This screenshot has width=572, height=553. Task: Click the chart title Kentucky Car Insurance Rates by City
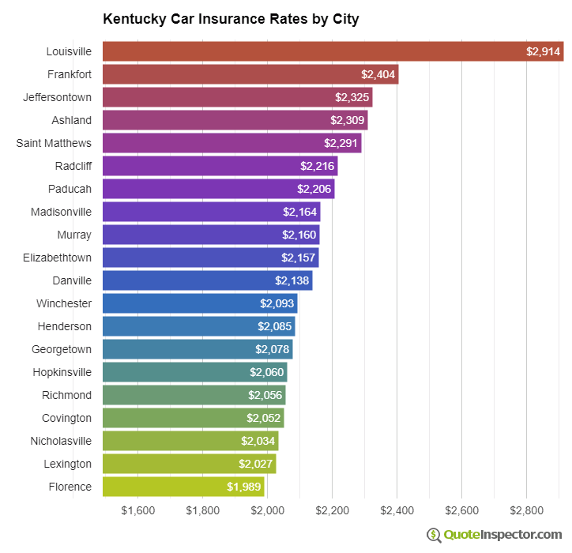pyautogui.click(x=231, y=19)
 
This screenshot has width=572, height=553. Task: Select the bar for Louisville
pyautogui.click(x=332, y=51)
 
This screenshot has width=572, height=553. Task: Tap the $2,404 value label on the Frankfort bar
pyautogui.click(x=378, y=74)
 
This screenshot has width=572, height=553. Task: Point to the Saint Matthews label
pyautogui.click(x=54, y=143)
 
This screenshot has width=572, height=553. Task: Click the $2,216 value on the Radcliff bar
pyautogui.click(x=317, y=166)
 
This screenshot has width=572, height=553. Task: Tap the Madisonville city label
pyautogui.click(x=61, y=212)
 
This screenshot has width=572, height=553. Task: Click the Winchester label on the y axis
pyautogui.click(x=63, y=303)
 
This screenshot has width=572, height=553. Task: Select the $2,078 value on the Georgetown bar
pyautogui.click(x=272, y=349)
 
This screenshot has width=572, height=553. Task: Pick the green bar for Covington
pyautogui.click(x=193, y=418)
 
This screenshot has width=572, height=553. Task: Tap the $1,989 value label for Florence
pyautogui.click(x=243, y=487)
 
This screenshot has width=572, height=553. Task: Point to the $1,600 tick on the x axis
pyautogui.click(x=138, y=510)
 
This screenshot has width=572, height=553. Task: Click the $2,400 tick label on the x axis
pyautogui.click(x=397, y=510)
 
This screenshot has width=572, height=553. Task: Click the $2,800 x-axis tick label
pyautogui.click(x=527, y=510)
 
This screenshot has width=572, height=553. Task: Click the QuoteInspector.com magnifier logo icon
pyautogui.click(x=434, y=535)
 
